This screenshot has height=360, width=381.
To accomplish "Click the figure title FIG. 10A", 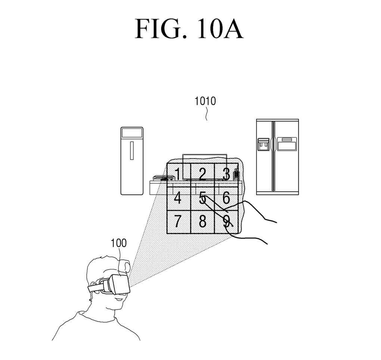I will [x=189, y=29].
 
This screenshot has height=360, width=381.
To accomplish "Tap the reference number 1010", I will [x=205, y=101].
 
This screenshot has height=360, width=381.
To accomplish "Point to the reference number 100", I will [x=118, y=243].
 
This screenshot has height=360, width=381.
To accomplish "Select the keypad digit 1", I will [x=178, y=174].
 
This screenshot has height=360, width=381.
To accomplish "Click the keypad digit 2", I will [x=202, y=174].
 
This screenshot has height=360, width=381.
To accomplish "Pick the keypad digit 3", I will [x=226, y=174].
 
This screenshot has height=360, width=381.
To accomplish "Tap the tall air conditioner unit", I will [x=132, y=161].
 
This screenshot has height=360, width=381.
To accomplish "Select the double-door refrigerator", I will [x=277, y=157].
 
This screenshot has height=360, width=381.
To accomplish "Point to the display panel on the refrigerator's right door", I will [x=286, y=144].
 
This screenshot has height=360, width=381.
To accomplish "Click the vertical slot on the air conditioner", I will [x=132, y=150].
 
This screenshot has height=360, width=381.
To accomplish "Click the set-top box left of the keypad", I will [x=159, y=178].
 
